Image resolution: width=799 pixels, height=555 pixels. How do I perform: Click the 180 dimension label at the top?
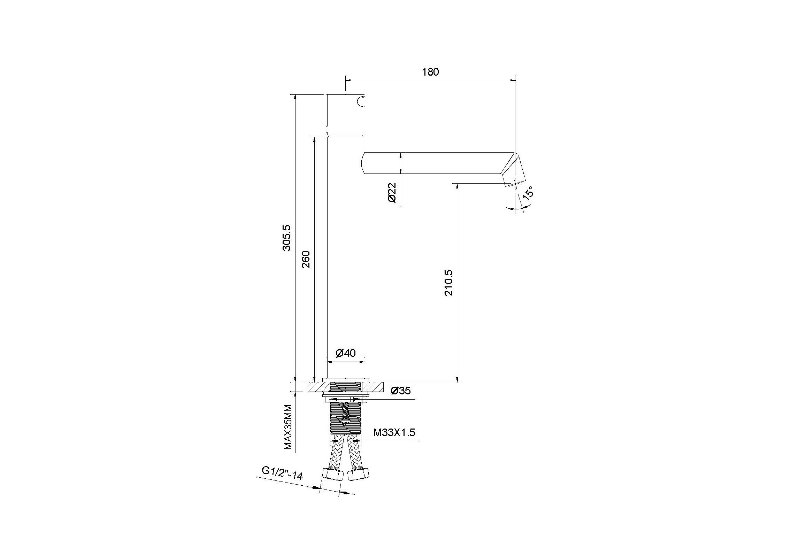tap(431, 72)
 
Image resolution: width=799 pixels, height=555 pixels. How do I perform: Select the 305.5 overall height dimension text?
tap(287, 238)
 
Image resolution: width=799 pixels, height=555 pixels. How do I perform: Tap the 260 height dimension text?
tap(306, 259)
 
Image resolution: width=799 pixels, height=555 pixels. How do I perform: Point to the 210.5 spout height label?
tap(448, 283)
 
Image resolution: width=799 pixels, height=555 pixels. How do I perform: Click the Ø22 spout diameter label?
tap(392, 193)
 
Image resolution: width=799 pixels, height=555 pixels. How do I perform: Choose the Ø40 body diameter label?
tap(346, 353)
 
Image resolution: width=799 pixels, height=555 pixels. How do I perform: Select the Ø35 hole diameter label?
tap(401, 391)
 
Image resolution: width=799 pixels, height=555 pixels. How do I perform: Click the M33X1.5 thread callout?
tap(394, 433)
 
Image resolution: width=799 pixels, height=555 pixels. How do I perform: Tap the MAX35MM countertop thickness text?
tap(288, 427)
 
